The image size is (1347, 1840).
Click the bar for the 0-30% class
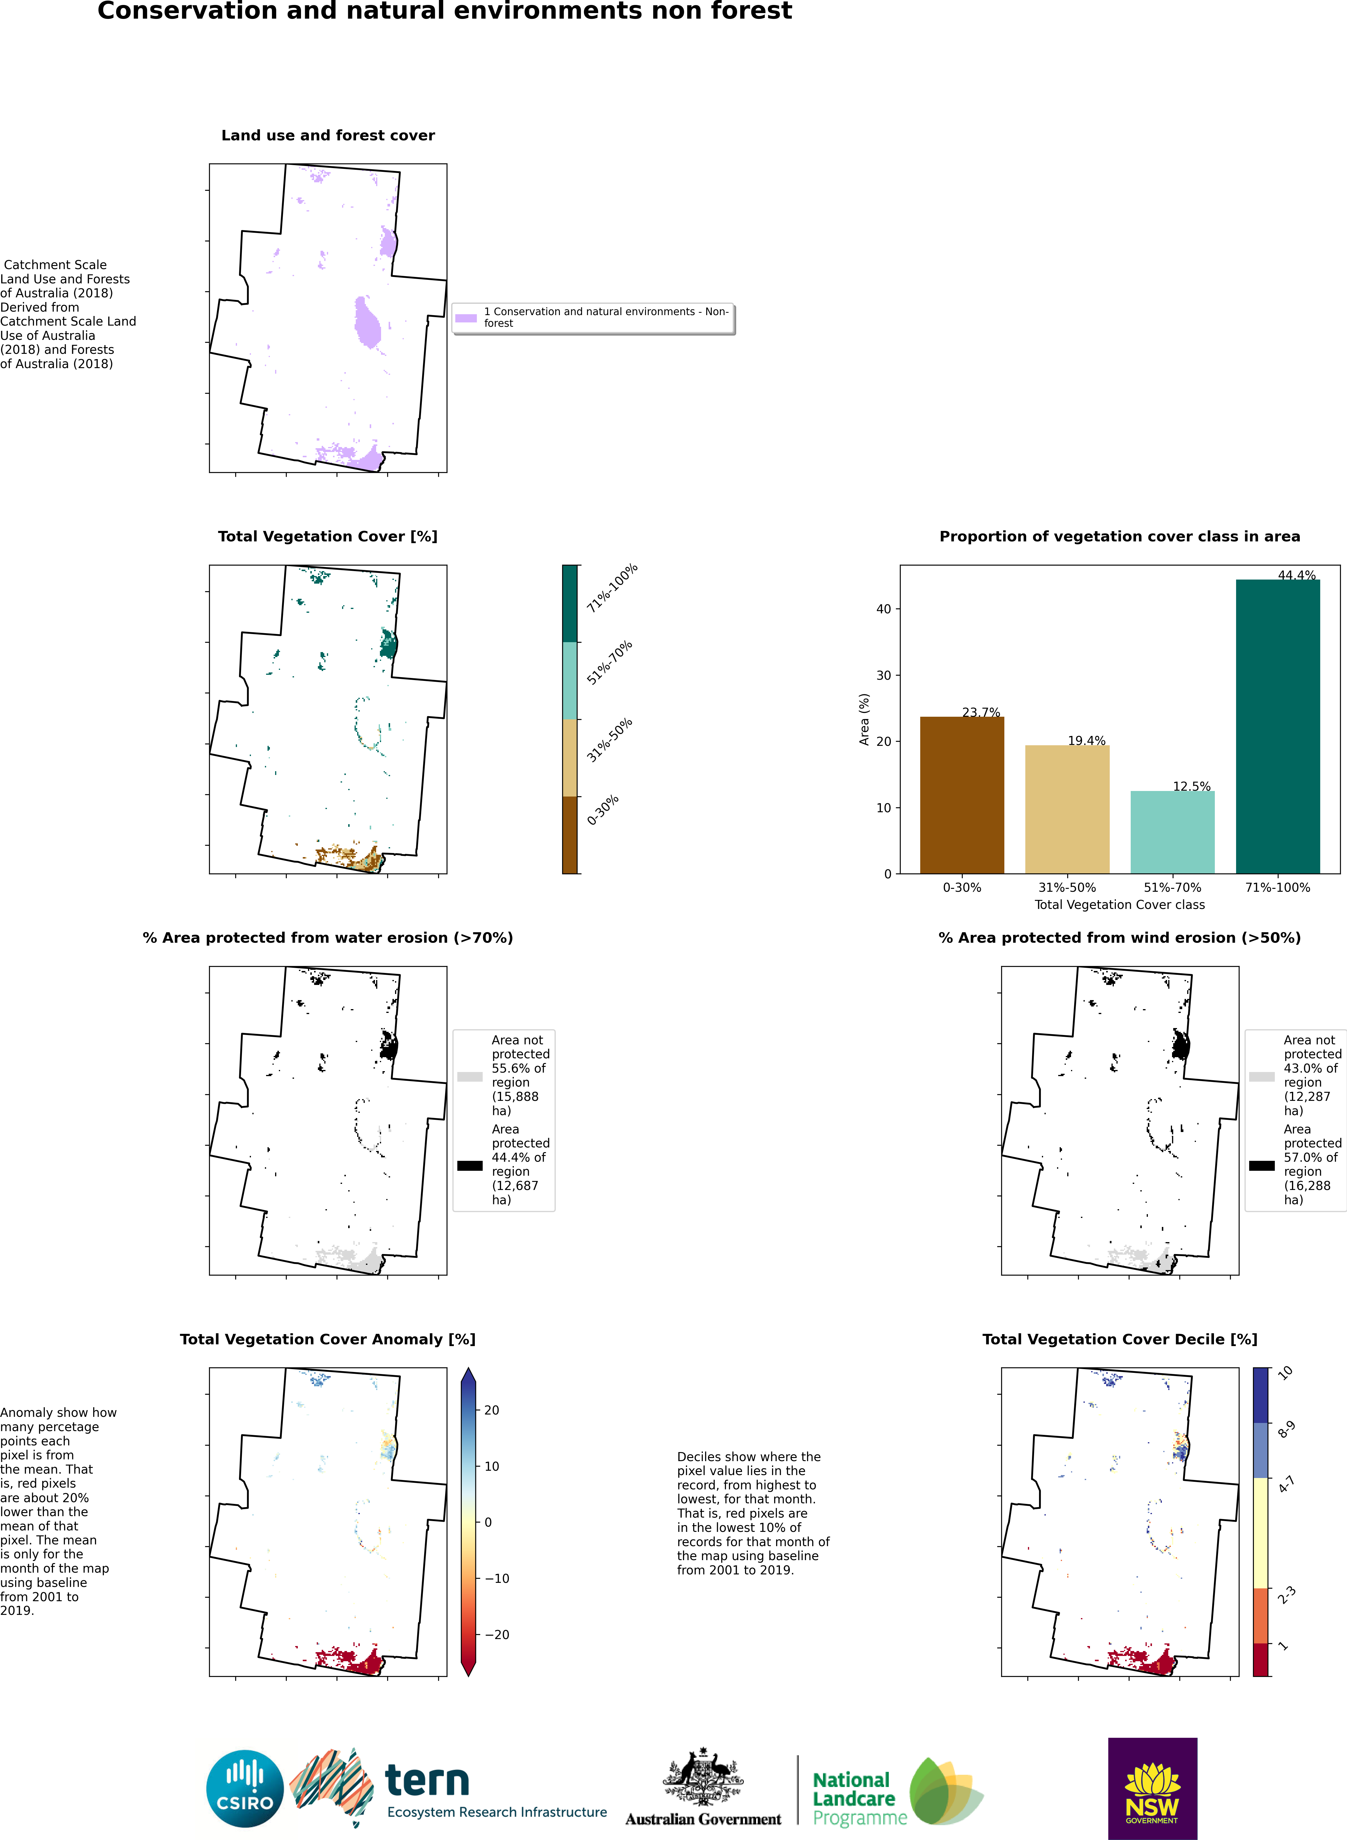962,795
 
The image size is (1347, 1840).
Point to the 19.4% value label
1087,741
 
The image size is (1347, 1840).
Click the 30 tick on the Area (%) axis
884,675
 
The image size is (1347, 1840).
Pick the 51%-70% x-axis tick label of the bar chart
1173,887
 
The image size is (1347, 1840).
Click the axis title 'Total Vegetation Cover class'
1120,905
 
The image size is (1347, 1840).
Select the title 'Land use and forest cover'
328,135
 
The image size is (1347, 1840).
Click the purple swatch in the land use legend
465,318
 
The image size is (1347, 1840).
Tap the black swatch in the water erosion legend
470,1166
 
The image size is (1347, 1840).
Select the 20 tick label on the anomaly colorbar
492,1410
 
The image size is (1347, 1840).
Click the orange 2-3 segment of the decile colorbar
1261,1615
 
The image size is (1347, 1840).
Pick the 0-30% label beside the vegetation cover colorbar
603,810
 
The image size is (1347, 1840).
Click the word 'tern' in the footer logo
426,1781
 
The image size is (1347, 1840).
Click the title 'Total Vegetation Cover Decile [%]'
1120,1339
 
